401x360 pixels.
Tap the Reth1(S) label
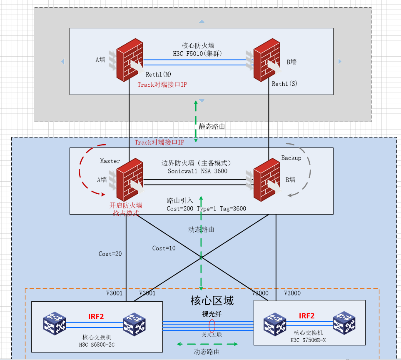click(285, 84)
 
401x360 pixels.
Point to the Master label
click(110, 161)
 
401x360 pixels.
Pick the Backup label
click(291, 158)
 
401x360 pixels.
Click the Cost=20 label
click(110, 253)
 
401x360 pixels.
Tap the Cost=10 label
click(164, 248)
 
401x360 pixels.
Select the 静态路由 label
click(212, 126)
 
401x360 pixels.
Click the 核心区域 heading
click(212, 300)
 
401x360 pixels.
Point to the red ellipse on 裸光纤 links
click(212, 325)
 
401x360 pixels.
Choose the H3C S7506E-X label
click(308, 340)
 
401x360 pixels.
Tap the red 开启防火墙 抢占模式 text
click(126, 209)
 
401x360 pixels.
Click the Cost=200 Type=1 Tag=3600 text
click(206, 208)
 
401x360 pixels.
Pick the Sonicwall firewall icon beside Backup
click(267, 179)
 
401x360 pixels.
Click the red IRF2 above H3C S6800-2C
click(96, 316)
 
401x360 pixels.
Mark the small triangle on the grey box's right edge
click(340, 61)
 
